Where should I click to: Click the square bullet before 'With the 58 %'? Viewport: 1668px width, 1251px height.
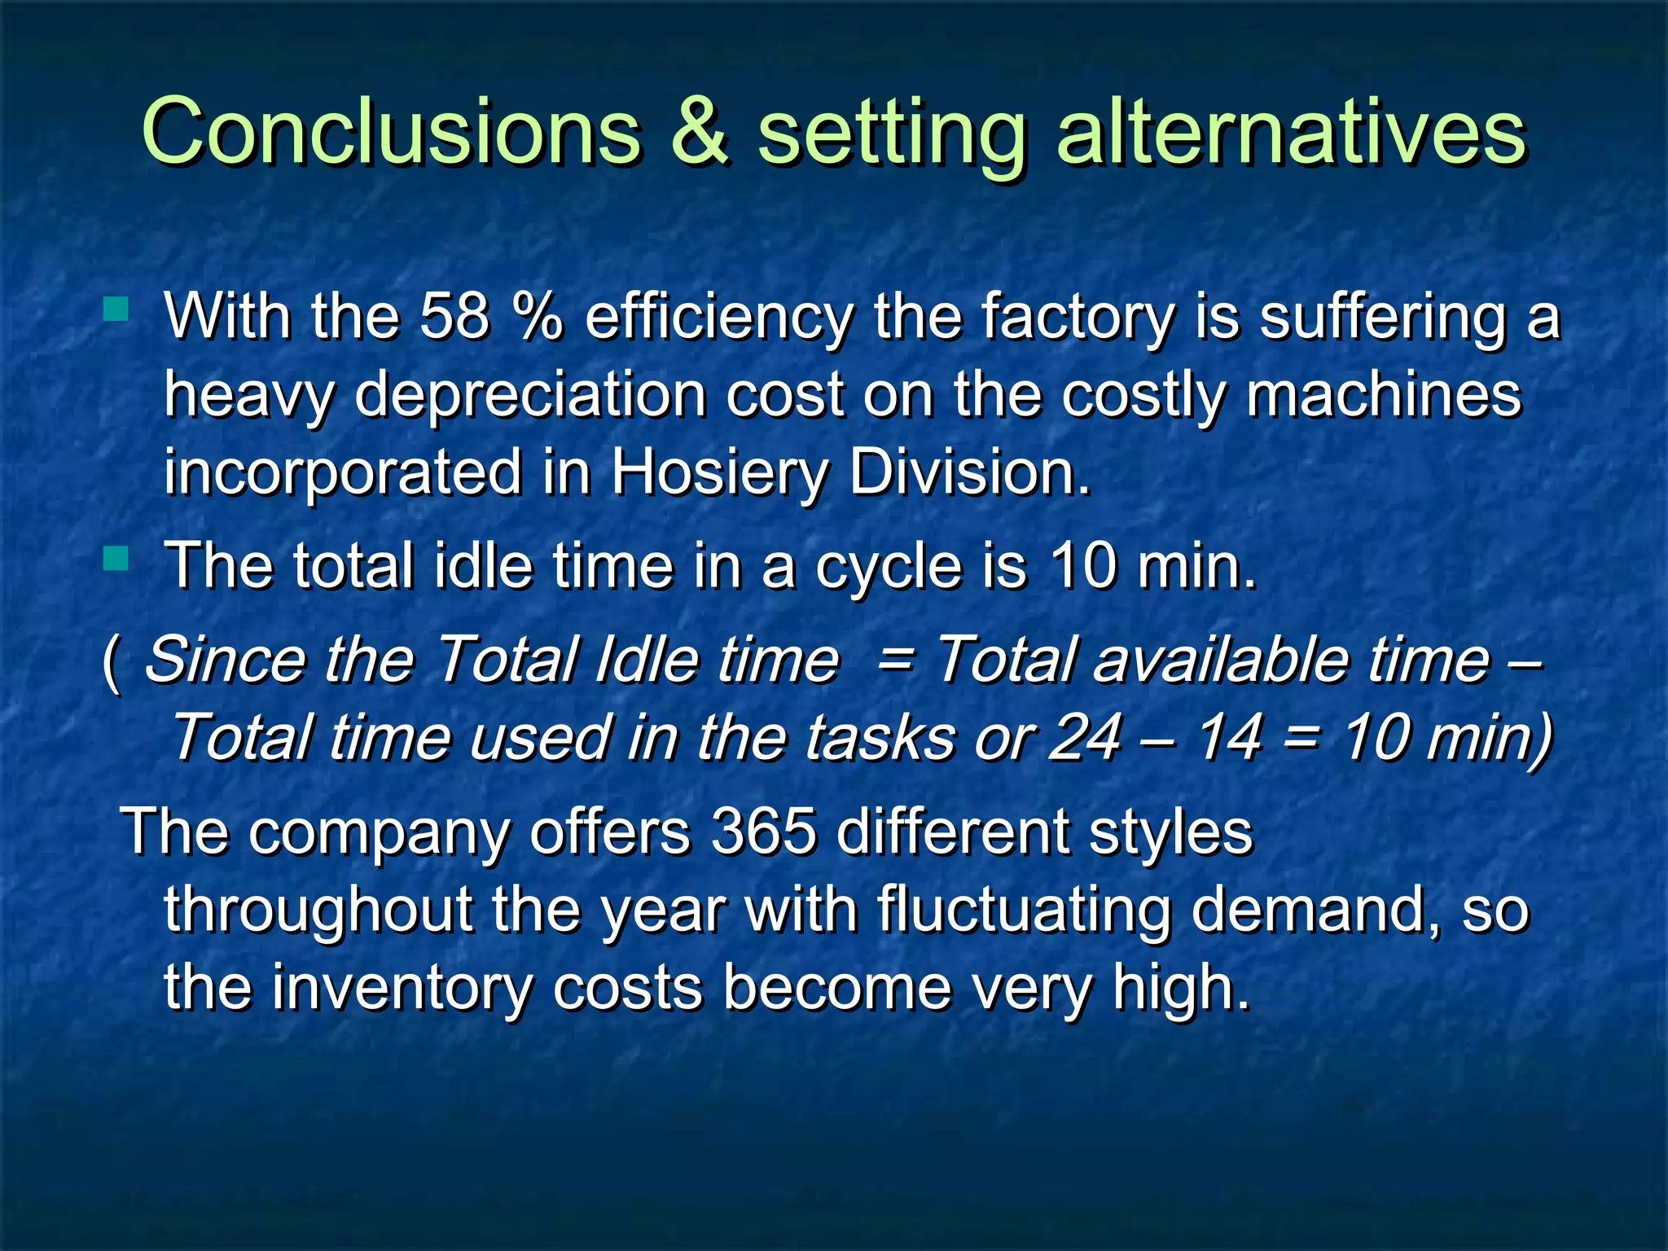(116, 309)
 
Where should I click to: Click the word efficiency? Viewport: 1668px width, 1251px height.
(719, 318)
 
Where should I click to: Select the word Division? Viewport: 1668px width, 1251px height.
(969, 472)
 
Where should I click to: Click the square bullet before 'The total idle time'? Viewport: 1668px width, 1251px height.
(116, 559)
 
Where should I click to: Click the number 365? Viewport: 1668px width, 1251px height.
(763, 832)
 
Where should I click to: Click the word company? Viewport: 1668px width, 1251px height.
(379, 833)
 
